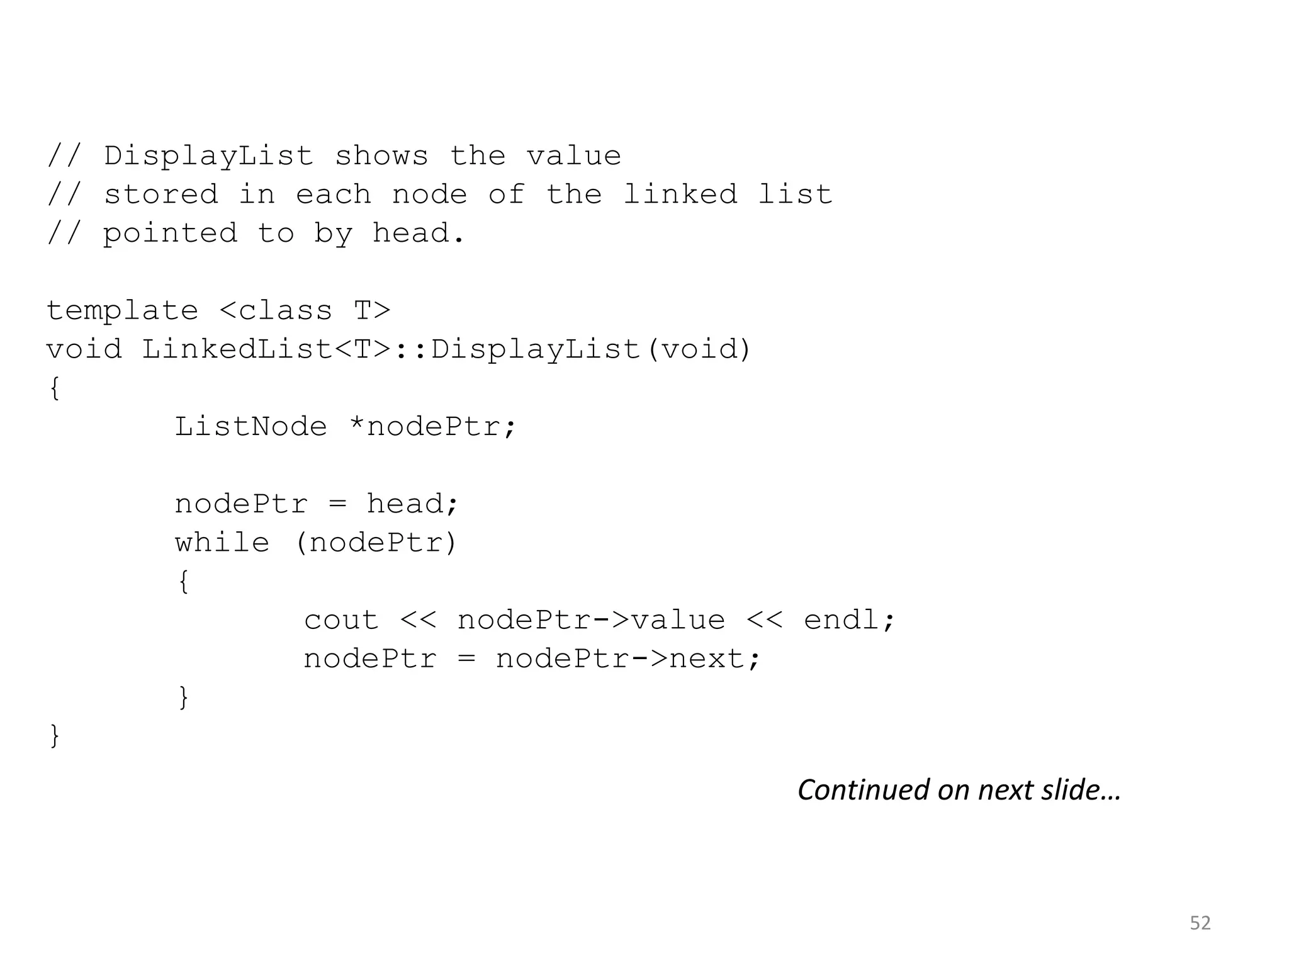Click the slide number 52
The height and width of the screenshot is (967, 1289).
pyautogui.click(x=1200, y=923)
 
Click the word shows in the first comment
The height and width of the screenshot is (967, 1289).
pyautogui.click(x=381, y=156)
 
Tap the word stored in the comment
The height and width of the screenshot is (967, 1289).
pyautogui.click(x=161, y=195)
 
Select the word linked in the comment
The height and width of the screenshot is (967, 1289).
pyautogui.click(x=680, y=195)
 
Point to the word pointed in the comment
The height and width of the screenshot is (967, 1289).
pyautogui.click(x=170, y=234)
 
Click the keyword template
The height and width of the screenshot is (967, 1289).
pyautogui.click(x=123, y=311)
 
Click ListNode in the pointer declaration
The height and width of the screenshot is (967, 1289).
pyautogui.click(x=250, y=427)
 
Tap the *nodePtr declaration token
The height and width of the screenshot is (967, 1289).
pyautogui.click(x=432, y=427)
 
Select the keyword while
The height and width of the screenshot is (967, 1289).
pyautogui.click(x=222, y=543)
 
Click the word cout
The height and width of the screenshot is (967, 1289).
pyautogui.click(x=341, y=620)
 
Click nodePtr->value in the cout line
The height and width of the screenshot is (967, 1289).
pyautogui.click(x=591, y=620)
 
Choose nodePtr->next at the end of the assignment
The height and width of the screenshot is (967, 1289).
pyautogui.click(x=628, y=659)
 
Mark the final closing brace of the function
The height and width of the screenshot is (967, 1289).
pyautogui.click(x=55, y=735)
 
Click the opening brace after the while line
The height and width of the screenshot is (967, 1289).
pyautogui.click(x=183, y=581)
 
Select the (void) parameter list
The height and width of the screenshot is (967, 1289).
pyautogui.click(x=699, y=349)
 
